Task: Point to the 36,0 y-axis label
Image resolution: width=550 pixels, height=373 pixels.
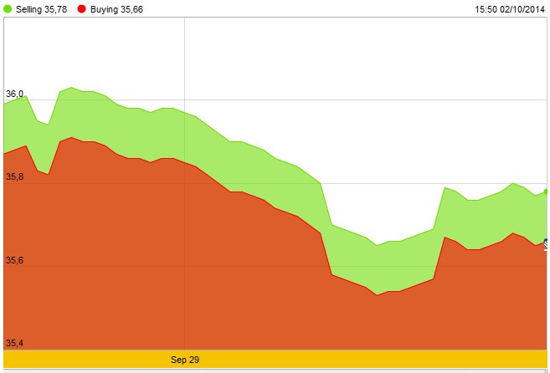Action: (14, 95)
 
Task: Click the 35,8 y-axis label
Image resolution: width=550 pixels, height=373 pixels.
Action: (14, 177)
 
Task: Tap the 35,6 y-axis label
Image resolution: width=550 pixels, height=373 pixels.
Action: (14, 261)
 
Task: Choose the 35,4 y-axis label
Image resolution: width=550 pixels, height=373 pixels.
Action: (14, 344)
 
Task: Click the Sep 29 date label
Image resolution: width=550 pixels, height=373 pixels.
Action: (185, 360)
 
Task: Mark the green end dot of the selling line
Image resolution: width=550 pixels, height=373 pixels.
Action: (547, 192)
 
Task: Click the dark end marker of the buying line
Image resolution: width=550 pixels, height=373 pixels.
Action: (547, 243)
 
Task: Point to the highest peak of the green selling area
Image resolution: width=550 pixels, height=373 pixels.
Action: (71, 87)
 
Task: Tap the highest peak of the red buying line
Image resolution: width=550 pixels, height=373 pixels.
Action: (71, 137)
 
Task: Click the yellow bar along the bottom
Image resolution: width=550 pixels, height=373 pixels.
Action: (335, 360)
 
